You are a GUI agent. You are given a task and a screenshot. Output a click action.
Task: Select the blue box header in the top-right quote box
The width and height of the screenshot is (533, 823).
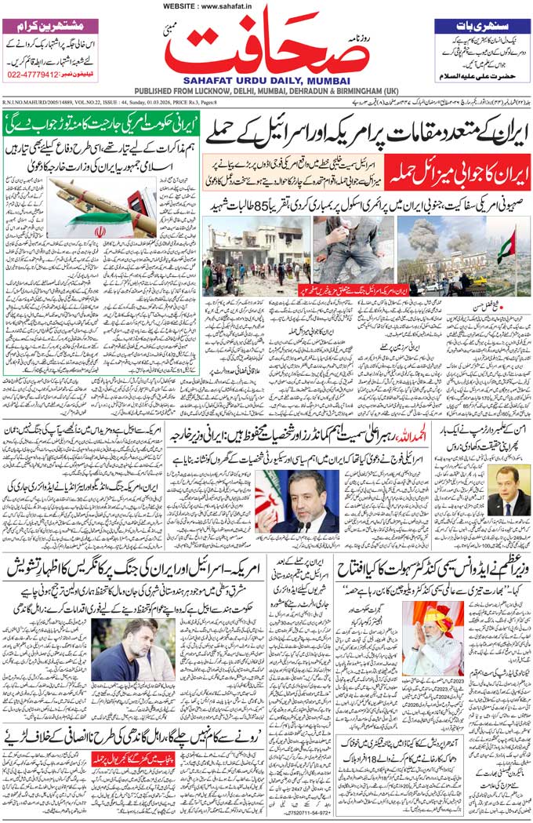pyautogui.click(x=481, y=25)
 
